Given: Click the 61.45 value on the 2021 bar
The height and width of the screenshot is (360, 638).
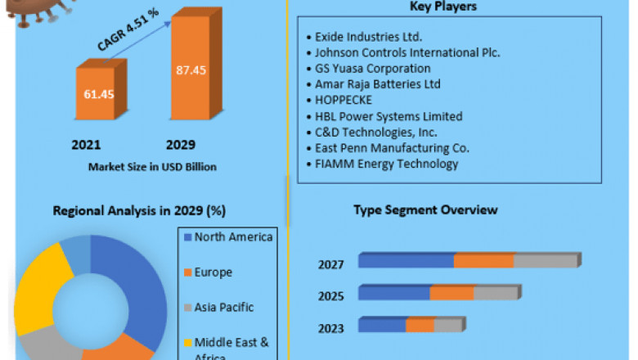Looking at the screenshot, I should click(98, 94).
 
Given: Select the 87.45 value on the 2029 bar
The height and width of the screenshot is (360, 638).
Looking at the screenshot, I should click(191, 70).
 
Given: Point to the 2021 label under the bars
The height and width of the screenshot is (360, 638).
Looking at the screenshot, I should click(86, 145).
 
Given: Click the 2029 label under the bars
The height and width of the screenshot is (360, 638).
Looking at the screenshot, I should click(180, 145).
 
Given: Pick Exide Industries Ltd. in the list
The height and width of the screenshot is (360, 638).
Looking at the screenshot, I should click(369, 38).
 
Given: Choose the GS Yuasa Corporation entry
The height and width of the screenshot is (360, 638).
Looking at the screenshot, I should click(373, 69).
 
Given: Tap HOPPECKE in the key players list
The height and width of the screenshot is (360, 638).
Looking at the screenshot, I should click(344, 100).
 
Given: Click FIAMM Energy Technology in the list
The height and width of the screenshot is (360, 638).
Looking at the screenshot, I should click(386, 164).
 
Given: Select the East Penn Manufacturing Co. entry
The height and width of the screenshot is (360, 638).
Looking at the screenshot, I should click(392, 148).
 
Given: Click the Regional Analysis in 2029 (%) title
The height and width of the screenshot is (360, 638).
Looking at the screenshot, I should click(139, 211).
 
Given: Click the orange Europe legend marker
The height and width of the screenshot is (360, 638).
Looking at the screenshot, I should click(187, 272).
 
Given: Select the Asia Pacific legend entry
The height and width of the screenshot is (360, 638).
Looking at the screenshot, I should click(223, 308).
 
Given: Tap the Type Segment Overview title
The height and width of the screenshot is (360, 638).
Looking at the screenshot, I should click(425, 210).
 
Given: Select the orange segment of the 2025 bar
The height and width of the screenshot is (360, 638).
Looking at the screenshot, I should click(452, 293).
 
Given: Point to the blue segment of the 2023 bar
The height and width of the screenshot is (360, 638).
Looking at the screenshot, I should click(383, 326).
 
